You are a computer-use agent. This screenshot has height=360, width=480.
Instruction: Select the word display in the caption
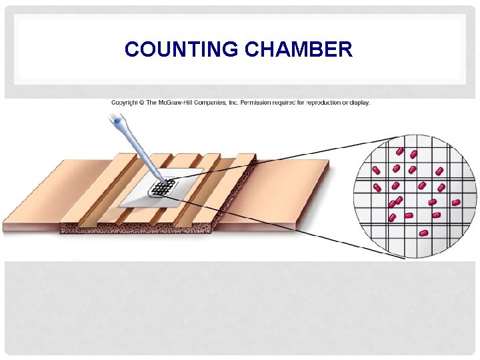pos(361,103)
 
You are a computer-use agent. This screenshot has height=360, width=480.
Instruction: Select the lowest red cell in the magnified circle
pos(423,233)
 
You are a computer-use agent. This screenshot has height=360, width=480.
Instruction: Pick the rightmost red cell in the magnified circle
pos(456,202)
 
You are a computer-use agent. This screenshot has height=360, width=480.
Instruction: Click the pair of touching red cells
pos(397,201)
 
